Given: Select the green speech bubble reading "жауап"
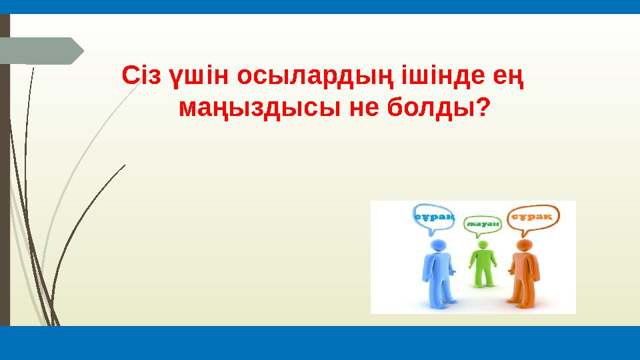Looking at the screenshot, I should click(483, 225).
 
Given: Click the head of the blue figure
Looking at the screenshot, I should click(437, 246).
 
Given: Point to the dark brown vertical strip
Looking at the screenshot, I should click(5, 167).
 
